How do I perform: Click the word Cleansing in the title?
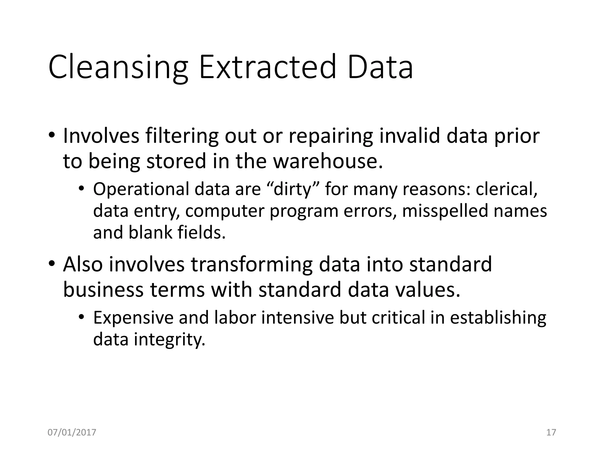pyautogui.click(x=118, y=68)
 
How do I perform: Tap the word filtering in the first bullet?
pyautogui.click(x=182, y=136)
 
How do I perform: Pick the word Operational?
pyautogui.click(x=141, y=190)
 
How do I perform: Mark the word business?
pyautogui.click(x=103, y=290)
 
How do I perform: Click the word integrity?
pyautogui.click(x=169, y=340)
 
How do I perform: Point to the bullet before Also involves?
pyautogui.click(x=52, y=264)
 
